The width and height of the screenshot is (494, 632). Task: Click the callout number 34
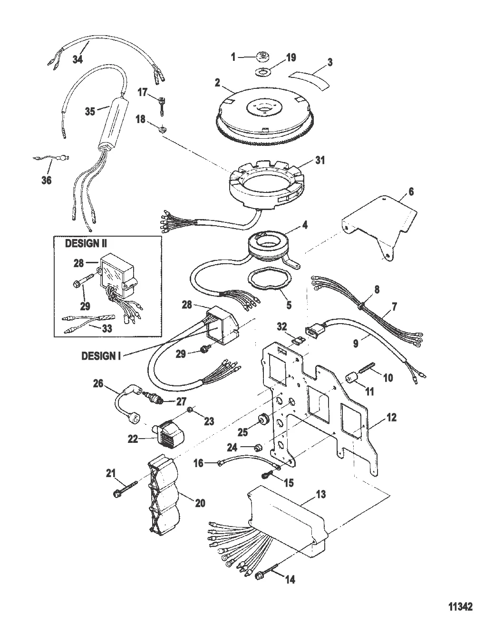click(x=77, y=60)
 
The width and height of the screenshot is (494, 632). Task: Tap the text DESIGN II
click(x=86, y=243)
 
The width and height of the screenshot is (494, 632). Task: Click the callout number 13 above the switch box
click(x=321, y=495)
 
